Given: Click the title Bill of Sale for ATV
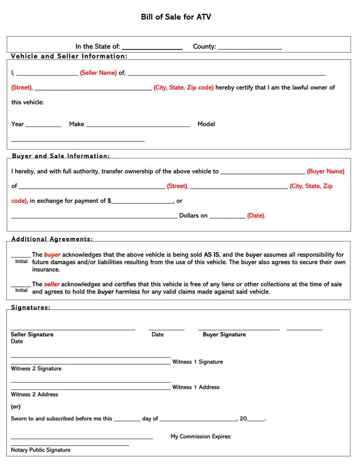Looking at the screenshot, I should tap(176, 17).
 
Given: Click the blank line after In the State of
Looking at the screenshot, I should tap(152, 48).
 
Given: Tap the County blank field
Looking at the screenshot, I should tap(250, 48).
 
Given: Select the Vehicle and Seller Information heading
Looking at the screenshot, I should tap(69, 56).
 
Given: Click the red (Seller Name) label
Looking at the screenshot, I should tap(98, 72).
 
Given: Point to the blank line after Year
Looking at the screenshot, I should tap(44, 126).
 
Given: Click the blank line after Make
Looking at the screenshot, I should tap(138, 126).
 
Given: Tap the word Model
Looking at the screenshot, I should tap(206, 124).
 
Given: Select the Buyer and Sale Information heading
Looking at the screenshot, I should tap(60, 156).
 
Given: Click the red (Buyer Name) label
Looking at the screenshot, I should tap(325, 171).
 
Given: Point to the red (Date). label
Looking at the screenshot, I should tap(256, 216).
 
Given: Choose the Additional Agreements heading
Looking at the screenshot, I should tap(52, 239).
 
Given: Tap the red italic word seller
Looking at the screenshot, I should tap(52, 284).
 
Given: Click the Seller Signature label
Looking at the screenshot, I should tap(32, 334).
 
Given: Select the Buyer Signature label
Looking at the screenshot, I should tap(224, 334).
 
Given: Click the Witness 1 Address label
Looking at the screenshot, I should tap(196, 387).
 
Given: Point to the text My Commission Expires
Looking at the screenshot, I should tap(201, 436).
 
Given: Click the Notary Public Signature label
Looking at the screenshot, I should tap(40, 450).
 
